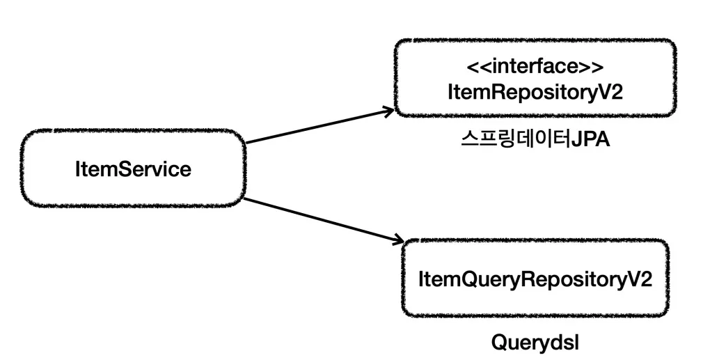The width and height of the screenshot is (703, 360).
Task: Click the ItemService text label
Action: [132, 169]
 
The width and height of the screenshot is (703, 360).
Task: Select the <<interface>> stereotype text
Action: [534, 68]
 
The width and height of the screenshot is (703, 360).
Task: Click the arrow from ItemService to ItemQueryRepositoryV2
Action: [324, 220]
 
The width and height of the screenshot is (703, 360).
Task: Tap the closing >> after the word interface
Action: [592, 68]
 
